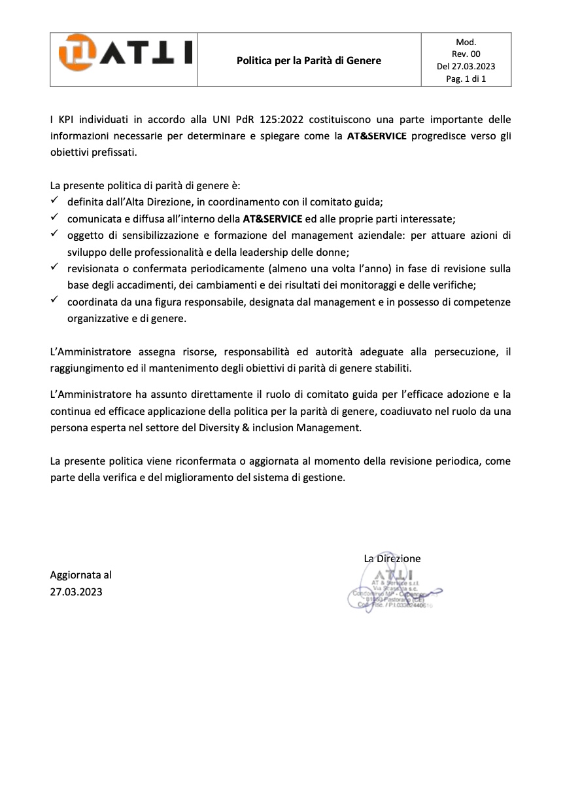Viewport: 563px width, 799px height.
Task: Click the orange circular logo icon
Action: click(76, 52)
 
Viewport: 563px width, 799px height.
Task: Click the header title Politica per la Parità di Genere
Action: click(309, 61)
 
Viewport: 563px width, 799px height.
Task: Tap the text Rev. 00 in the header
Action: click(466, 54)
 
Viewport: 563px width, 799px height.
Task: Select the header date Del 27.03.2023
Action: click(466, 67)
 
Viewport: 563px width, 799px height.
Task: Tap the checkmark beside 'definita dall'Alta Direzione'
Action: click(55, 200)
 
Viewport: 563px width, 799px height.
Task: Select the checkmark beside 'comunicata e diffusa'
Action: click(55, 217)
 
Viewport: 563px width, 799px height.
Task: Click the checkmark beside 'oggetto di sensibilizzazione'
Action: click(55, 234)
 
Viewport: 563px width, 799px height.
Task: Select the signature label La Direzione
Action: click(392, 558)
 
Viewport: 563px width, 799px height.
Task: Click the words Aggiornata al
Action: click(81, 575)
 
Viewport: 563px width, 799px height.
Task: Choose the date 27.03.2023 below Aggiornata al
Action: click(77, 592)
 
